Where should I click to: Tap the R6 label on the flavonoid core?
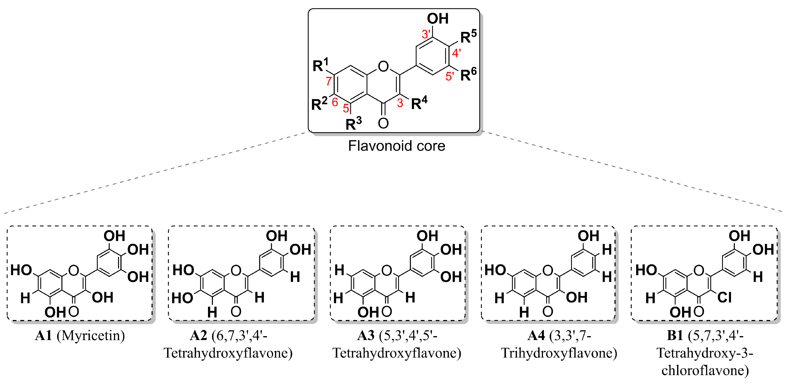click(x=468, y=74)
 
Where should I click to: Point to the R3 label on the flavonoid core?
click(x=353, y=124)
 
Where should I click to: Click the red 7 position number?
click(x=329, y=81)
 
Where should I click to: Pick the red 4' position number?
click(x=457, y=53)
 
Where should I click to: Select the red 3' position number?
click(x=426, y=34)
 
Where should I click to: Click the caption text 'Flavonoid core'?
click(x=396, y=146)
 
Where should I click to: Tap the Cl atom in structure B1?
click(x=724, y=297)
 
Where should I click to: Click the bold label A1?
click(x=43, y=336)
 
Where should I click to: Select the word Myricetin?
click(x=91, y=336)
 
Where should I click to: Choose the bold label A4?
click(x=536, y=336)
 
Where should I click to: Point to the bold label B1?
click(x=675, y=336)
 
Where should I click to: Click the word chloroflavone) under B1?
click(x=705, y=371)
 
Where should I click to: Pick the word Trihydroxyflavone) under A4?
click(x=559, y=353)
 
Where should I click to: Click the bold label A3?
click(x=366, y=336)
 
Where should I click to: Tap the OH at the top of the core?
click(x=438, y=19)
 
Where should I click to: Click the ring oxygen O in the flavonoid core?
click(x=383, y=66)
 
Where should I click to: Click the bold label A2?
click(x=199, y=336)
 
